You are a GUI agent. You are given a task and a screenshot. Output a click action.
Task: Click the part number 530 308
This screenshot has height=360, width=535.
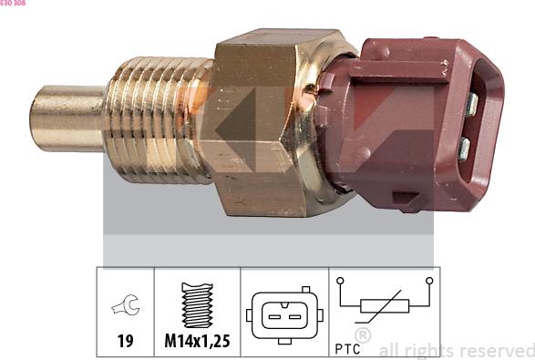[13, 4]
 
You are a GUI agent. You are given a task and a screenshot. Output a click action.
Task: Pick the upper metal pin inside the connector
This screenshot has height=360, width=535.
[470, 103]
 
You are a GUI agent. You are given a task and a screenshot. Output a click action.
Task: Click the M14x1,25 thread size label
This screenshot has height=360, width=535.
[196, 342]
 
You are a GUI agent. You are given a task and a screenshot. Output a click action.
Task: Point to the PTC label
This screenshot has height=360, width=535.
[347, 347]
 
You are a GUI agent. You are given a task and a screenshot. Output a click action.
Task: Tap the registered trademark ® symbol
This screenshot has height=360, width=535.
[362, 336]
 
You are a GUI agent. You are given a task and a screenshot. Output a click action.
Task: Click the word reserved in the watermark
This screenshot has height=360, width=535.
[496, 350]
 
